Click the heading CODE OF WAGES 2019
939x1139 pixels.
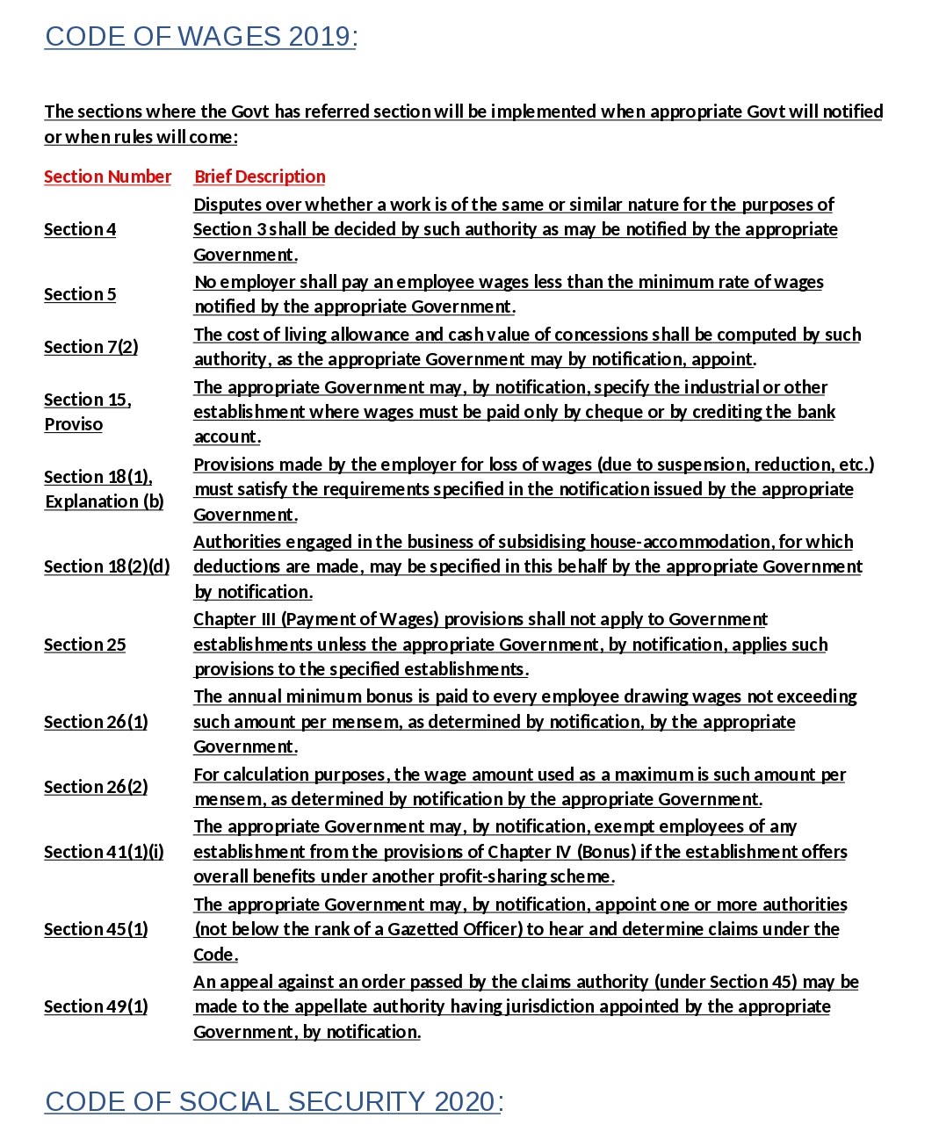(x=200, y=37)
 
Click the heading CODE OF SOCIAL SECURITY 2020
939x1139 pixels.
(x=273, y=1101)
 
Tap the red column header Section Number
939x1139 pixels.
(x=107, y=177)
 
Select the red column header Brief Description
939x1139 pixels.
(x=259, y=177)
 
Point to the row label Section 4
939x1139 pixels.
(x=80, y=229)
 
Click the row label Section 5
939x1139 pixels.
(x=80, y=294)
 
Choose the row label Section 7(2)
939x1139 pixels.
(x=90, y=347)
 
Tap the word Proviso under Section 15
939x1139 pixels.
(x=73, y=424)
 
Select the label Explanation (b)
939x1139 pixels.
(x=104, y=501)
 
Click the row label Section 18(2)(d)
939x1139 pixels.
(x=106, y=566)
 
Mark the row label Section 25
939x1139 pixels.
(x=84, y=645)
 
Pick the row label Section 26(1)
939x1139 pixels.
(x=96, y=722)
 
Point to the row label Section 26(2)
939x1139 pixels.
(x=96, y=787)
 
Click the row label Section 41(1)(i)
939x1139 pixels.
(x=104, y=852)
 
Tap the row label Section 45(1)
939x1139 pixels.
(x=96, y=929)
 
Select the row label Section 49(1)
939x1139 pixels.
(x=96, y=1006)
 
